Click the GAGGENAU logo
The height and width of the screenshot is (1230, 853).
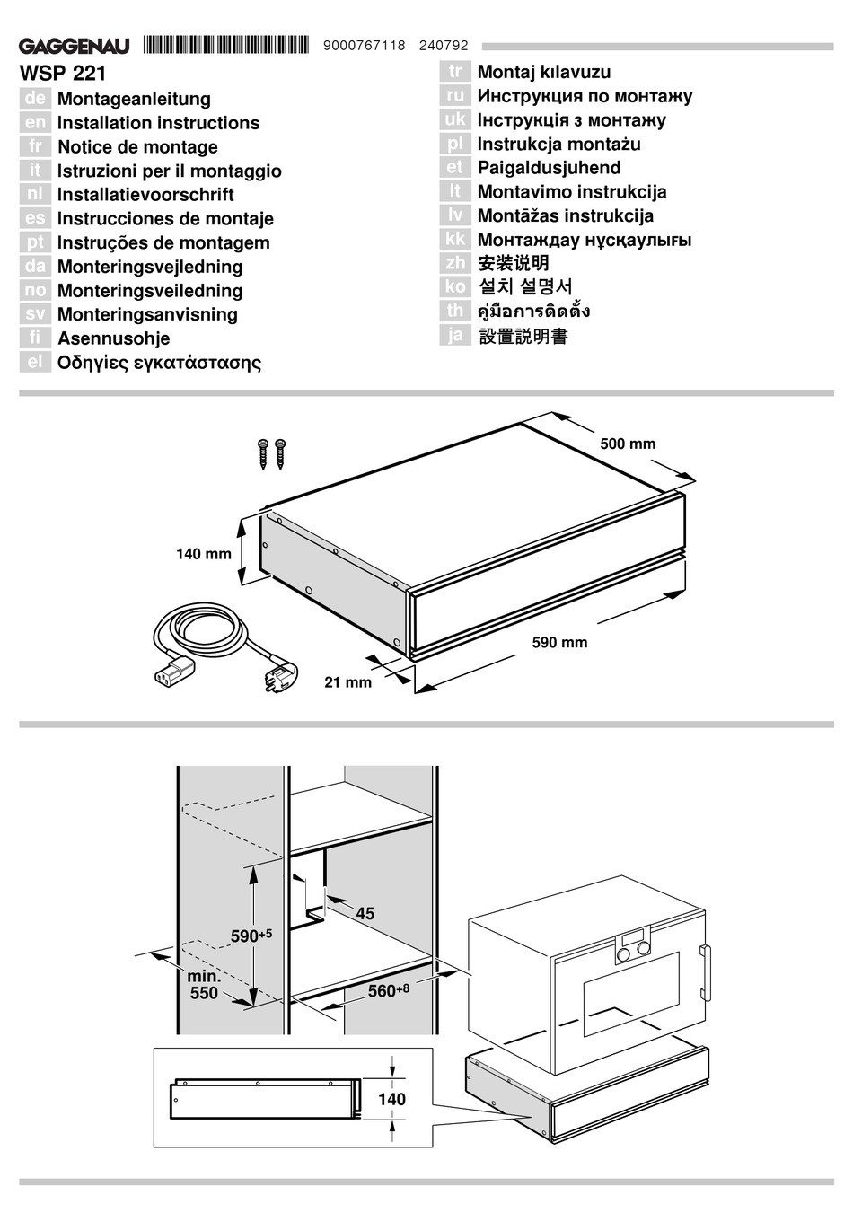(x=75, y=46)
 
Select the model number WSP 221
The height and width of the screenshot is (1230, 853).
(x=63, y=74)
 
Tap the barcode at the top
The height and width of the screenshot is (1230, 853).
(x=225, y=45)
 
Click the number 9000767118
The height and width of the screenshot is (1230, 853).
(x=363, y=46)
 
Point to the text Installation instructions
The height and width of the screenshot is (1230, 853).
(x=158, y=123)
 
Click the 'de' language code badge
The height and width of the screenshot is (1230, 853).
(x=35, y=99)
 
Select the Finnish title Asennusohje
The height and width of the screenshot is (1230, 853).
(x=113, y=338)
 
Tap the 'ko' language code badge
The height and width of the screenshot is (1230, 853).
(x=455, y=286)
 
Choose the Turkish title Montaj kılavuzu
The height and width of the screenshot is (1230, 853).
(x=543, y=72)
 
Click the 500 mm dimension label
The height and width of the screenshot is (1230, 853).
(x=628, y=444)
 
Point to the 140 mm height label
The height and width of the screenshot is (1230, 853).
(x=203, y=554)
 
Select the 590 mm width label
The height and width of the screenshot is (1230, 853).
(x=559, y=642)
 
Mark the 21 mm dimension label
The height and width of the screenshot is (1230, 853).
(x=347, y=682)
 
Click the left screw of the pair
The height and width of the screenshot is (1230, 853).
(x=264, y=453)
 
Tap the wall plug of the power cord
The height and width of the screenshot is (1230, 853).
(x=275, y=676)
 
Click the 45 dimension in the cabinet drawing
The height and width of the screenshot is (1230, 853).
(x=365, y=914)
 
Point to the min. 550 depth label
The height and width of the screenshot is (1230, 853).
(x=204, y=985)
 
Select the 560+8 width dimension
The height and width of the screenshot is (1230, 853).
(x=388, y=990)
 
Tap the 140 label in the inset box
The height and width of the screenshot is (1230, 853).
(x=391, y=1099)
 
